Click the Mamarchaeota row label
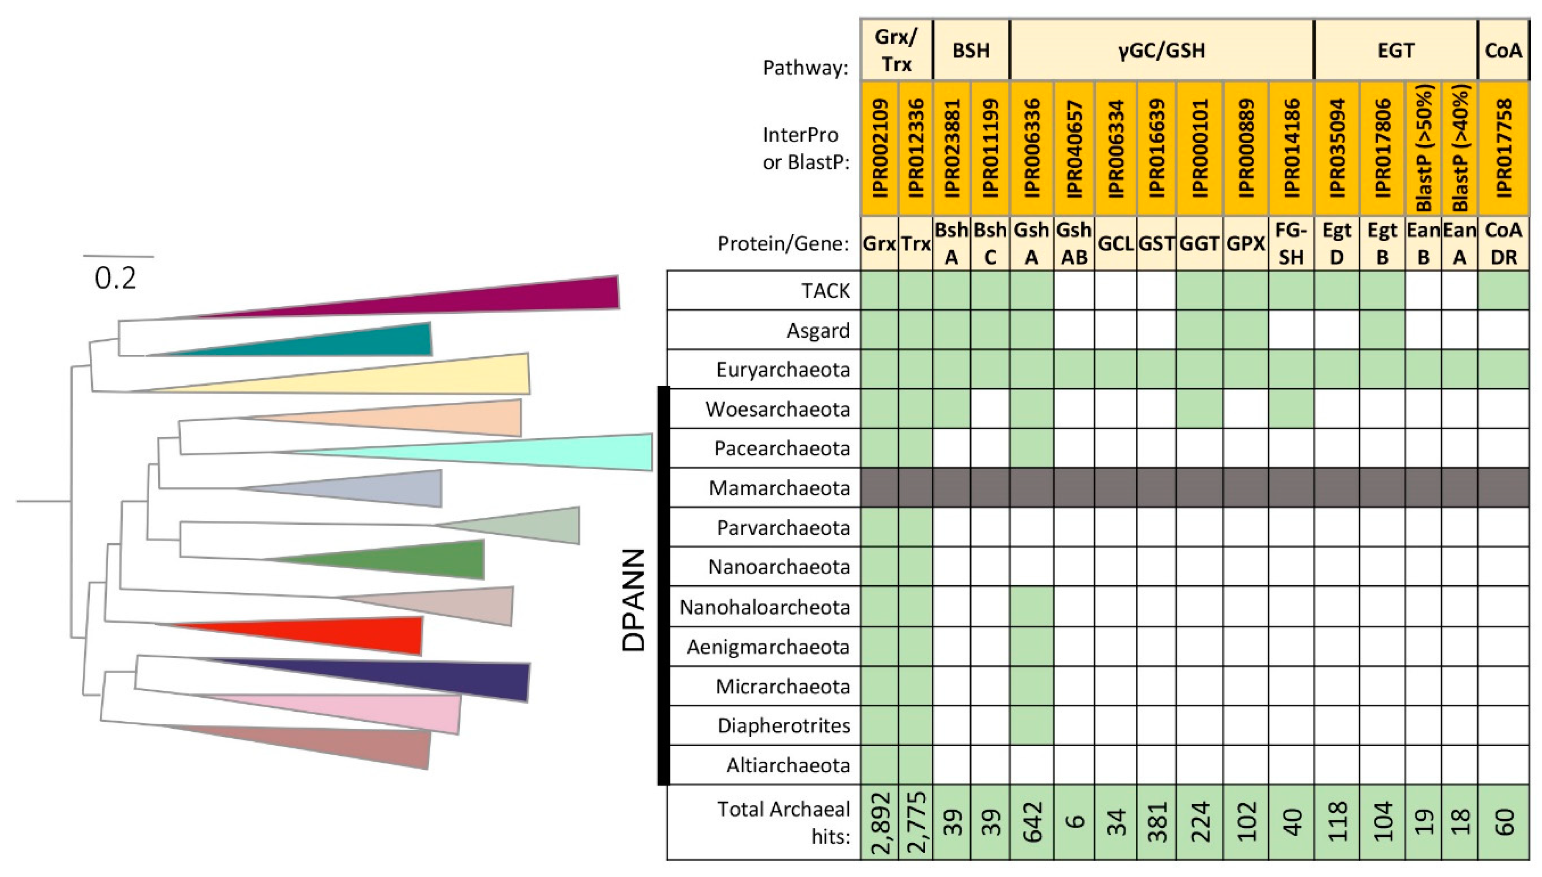coord(779,488)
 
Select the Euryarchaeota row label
coord(782,369)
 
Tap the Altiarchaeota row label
coord(788,765)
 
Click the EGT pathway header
coord(1395,51)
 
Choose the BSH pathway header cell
coord(970,51)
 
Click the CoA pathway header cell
coord(1504,51)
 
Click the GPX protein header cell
coord(1245,244)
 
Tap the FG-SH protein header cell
coord(1291,244)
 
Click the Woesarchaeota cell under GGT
coord(1199,409)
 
